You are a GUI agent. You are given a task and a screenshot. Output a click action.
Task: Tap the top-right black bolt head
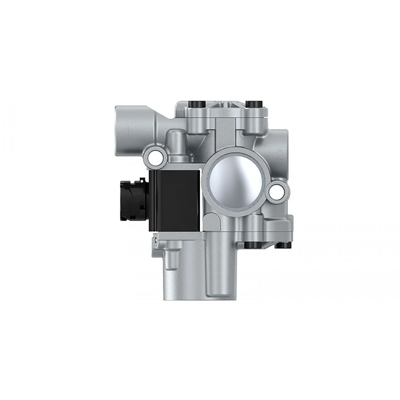tap(253, 104)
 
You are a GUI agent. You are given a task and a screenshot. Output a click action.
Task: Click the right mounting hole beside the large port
tap(278, 191)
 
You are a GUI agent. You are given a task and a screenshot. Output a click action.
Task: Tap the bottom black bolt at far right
tap(282, 245)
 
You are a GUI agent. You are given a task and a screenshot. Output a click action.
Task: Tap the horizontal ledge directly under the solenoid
tap(177, 235)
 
